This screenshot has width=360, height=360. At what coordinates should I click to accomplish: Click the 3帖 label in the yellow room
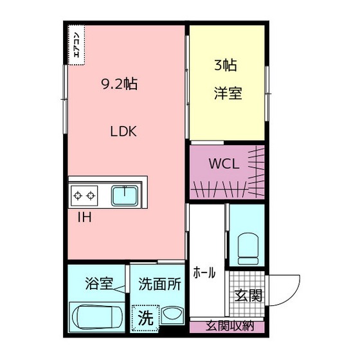click(x=226, y=64)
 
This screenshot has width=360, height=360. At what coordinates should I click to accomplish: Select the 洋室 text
click(x=228, y=93)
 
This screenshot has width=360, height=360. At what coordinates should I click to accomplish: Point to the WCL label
click(x=223, y=163)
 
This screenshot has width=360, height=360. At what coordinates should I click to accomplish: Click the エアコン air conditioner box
click(x=75, y=44)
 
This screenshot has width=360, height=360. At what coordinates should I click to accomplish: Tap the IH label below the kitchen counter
click(x=84, y=217)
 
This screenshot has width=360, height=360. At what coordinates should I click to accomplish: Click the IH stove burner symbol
click(x=84, y=194)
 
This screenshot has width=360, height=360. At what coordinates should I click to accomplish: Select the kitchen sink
click(x=125, y=194)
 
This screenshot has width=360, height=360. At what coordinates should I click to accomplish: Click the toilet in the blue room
click(x=248, y=247)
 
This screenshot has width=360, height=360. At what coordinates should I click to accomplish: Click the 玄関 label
click(x=248, y=296)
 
